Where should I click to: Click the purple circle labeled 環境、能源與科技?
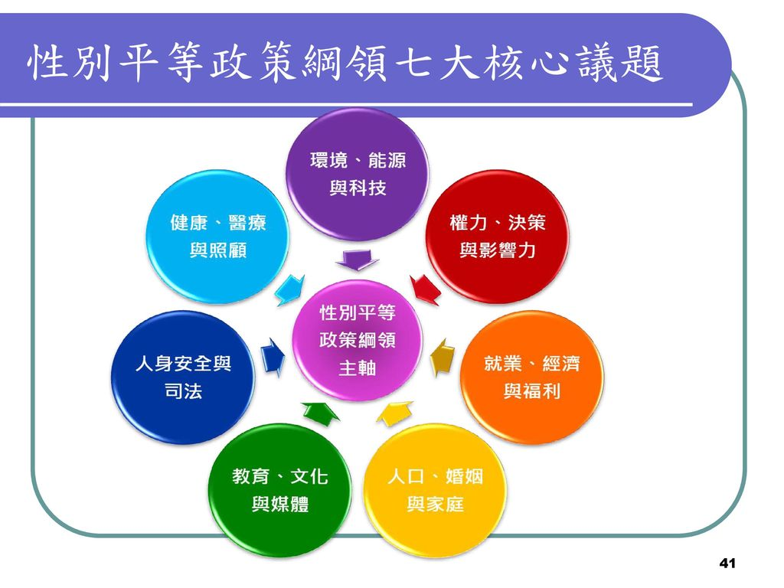tap(357, 174)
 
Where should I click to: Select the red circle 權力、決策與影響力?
tap(497, 236)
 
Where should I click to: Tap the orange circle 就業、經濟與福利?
tap(531, 377)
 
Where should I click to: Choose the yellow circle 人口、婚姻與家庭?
tap(435, 490)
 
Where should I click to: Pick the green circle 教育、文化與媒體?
tap(279, 490)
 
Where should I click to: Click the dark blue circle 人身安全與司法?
tap(183, 377)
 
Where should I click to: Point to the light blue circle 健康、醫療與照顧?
tap(217, 236)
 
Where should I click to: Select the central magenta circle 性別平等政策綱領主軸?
tap(357, 340)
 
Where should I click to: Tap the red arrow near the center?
tap(425, 289)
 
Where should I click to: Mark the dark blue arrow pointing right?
tap(273, 357)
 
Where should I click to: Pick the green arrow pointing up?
tap(320, 413)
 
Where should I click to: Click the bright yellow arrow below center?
tap(395, 413)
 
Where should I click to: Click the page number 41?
tap(727, 563)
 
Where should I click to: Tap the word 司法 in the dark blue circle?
tap(183, 391)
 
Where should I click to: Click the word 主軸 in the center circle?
tap(357, 368)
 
